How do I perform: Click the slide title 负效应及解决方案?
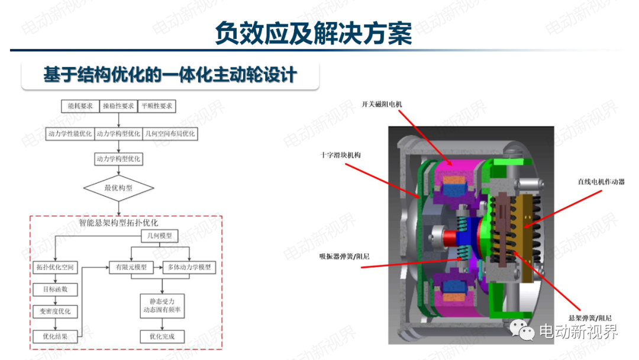pyautogui.click(x=314, y=33)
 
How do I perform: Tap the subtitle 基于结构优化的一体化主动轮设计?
pyautogui.click(x=170, y=75)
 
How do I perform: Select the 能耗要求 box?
pyautogui.click(x=80, y=106)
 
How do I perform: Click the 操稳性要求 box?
pyautogui.click(x=118, y=106)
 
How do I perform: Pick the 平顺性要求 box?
pyautogui.click(x=157, y=106)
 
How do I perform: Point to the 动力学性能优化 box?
pyautogui.click(x=70, y=134)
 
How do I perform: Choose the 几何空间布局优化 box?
pyautogui.click(x=170, y=134)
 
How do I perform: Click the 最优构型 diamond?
pyautogui.click(x=118, y=188)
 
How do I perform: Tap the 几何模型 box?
pyautogui.click(x=159, y=236)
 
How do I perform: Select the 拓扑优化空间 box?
pyautogui.click(x=55, y=267)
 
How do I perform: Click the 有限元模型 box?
pyautogui.click(x=131, y=267)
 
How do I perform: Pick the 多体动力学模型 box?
pyautogui.click(x=189, y=267)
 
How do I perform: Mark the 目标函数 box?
pyautogui.click(x=55, y=289)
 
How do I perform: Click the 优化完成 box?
pyautogui.click(x=162, y=336)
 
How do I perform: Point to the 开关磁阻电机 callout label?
pyautogui.click(x=382, y=104)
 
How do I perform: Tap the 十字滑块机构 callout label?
pyautogui.click(x=341, y=155)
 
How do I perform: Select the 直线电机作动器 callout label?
pyautogui.click(x=601, y=182)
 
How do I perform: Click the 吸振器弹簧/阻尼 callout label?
pyautogui.click(x=345, y=256)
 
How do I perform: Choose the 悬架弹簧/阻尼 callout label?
pyautogui.click(x=590, y=317)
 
